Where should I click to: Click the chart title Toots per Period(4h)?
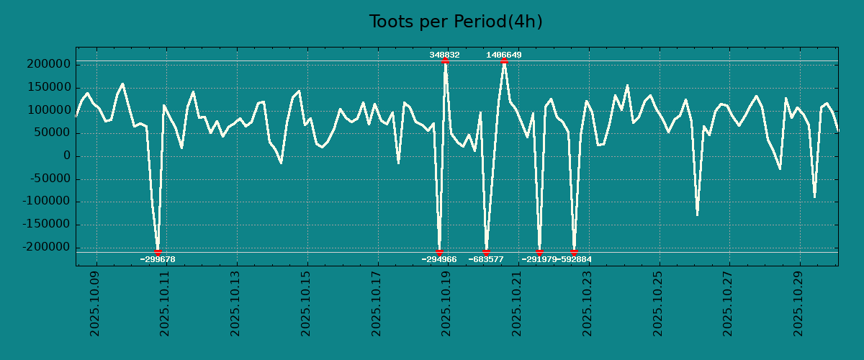[x=456, y=22]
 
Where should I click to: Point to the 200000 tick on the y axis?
[x=50, y=65]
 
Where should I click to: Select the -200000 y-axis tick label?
[x=48, y=248]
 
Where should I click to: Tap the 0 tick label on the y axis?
[x=66, y=156]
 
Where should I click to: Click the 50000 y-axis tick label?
[x=54, y=133]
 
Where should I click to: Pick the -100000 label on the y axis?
[x=48, y=202]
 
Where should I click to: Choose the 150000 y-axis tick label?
[x=50, y=88]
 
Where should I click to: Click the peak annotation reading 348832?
[x=444, y=55]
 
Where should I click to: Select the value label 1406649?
[x=504, y=55]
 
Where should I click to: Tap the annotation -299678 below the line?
[x=158, y=259]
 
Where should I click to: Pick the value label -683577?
[x=486, y=259]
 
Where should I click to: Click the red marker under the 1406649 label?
[x=504, y=61]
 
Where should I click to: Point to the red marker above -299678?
[x=158, y=252]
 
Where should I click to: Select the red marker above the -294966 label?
[x=439, y=252]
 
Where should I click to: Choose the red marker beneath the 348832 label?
[x=445, y=61]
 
